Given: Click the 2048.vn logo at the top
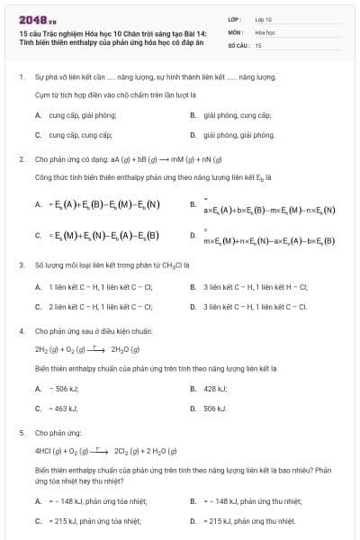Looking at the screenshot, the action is [x=31, y=18].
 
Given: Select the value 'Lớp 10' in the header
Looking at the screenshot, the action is [x=264, y=18].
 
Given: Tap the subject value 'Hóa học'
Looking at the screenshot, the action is [x=265, y=31].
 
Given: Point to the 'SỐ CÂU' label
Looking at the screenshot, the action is [x=238, y=44].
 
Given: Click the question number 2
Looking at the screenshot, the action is [x=21, y=158].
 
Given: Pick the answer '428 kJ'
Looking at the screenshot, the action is [x=215, y=389].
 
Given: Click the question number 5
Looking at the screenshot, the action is [x=21, y=432].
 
